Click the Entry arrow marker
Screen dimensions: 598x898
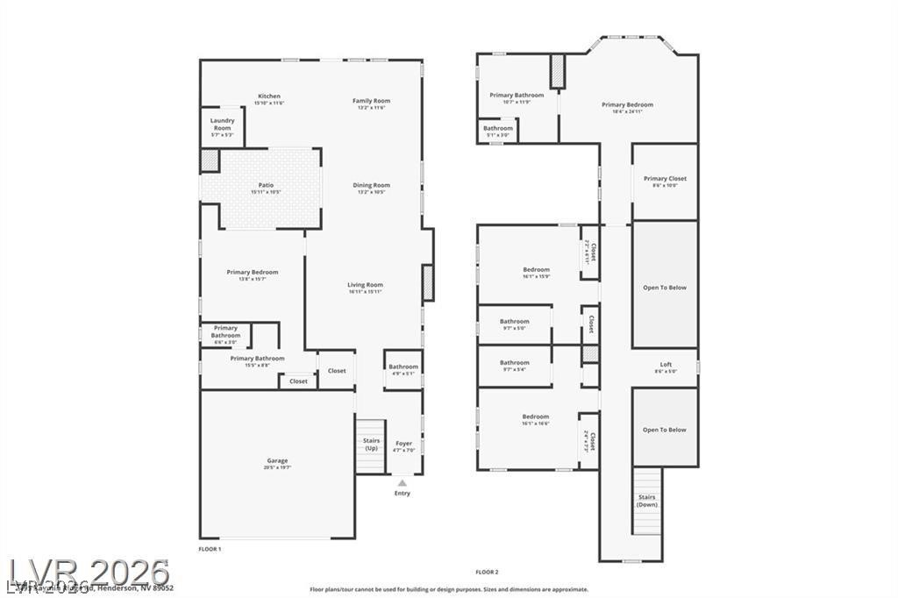403,482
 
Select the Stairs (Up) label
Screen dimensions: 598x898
371,445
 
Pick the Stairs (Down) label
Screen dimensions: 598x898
646,501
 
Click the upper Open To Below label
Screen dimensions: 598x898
665,287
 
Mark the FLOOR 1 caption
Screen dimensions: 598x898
210,548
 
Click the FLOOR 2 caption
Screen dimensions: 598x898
487,572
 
